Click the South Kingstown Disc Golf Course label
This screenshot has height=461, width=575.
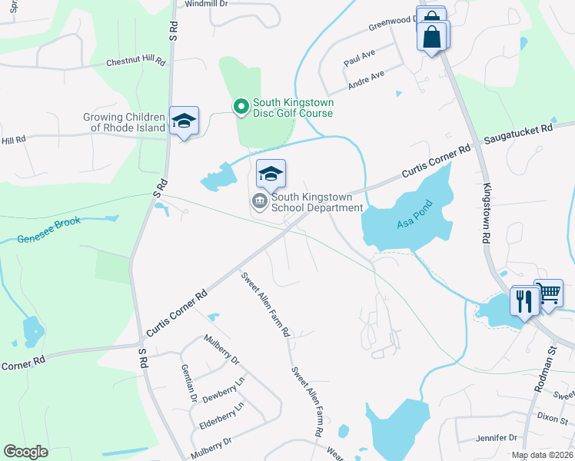[x=293, y=108]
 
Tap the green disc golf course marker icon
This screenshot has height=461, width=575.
[x=241, y=107]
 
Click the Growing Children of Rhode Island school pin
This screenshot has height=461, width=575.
[x=184, y=121]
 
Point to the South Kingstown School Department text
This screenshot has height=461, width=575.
[x=316, y=202]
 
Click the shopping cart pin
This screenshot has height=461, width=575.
[x=549, y=294]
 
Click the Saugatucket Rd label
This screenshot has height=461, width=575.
[x=518, y=136]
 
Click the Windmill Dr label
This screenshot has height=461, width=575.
[x=208, y=4]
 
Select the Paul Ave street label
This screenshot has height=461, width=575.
[x=360, y=59]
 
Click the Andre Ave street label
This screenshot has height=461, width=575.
[x=365, y=80]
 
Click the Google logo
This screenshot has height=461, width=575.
[x=25, y=452]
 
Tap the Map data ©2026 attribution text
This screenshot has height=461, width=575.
[x=541, y=455]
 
